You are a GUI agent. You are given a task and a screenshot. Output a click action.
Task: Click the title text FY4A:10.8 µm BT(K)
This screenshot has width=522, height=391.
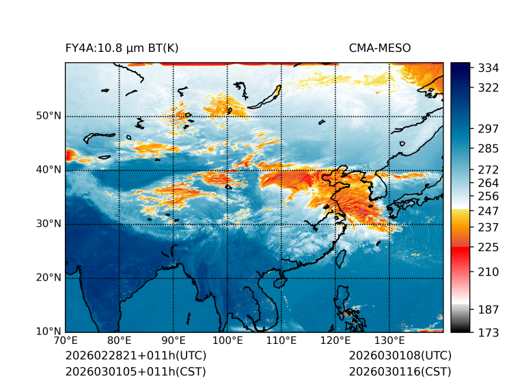point(122,48)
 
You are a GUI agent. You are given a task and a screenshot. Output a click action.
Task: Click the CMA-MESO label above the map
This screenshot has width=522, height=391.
point(380,48)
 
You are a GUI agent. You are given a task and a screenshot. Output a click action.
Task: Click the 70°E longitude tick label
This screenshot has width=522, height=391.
point(66,341)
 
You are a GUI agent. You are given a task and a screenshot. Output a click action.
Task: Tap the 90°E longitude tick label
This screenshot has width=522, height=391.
point(174,341)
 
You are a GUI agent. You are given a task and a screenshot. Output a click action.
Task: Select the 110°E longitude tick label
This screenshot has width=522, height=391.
point(281,341)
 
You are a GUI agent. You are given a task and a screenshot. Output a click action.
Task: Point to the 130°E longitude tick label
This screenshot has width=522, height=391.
point(389,341)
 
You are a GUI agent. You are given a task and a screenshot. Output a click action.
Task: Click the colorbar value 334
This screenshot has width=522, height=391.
point(489,68)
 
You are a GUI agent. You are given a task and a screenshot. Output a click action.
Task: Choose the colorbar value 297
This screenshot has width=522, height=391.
point(489,128)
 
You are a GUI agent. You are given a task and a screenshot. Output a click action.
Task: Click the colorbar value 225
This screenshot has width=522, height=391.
point(489,246)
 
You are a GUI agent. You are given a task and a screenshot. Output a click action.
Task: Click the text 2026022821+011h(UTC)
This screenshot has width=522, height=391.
point(135,356)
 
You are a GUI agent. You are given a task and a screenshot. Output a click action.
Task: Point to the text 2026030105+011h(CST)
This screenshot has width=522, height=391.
point(135,372)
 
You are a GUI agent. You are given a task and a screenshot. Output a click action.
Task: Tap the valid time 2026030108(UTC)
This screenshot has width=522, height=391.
point(400,356)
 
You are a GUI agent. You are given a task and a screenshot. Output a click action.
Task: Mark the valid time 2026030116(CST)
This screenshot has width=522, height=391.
point(400,372)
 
